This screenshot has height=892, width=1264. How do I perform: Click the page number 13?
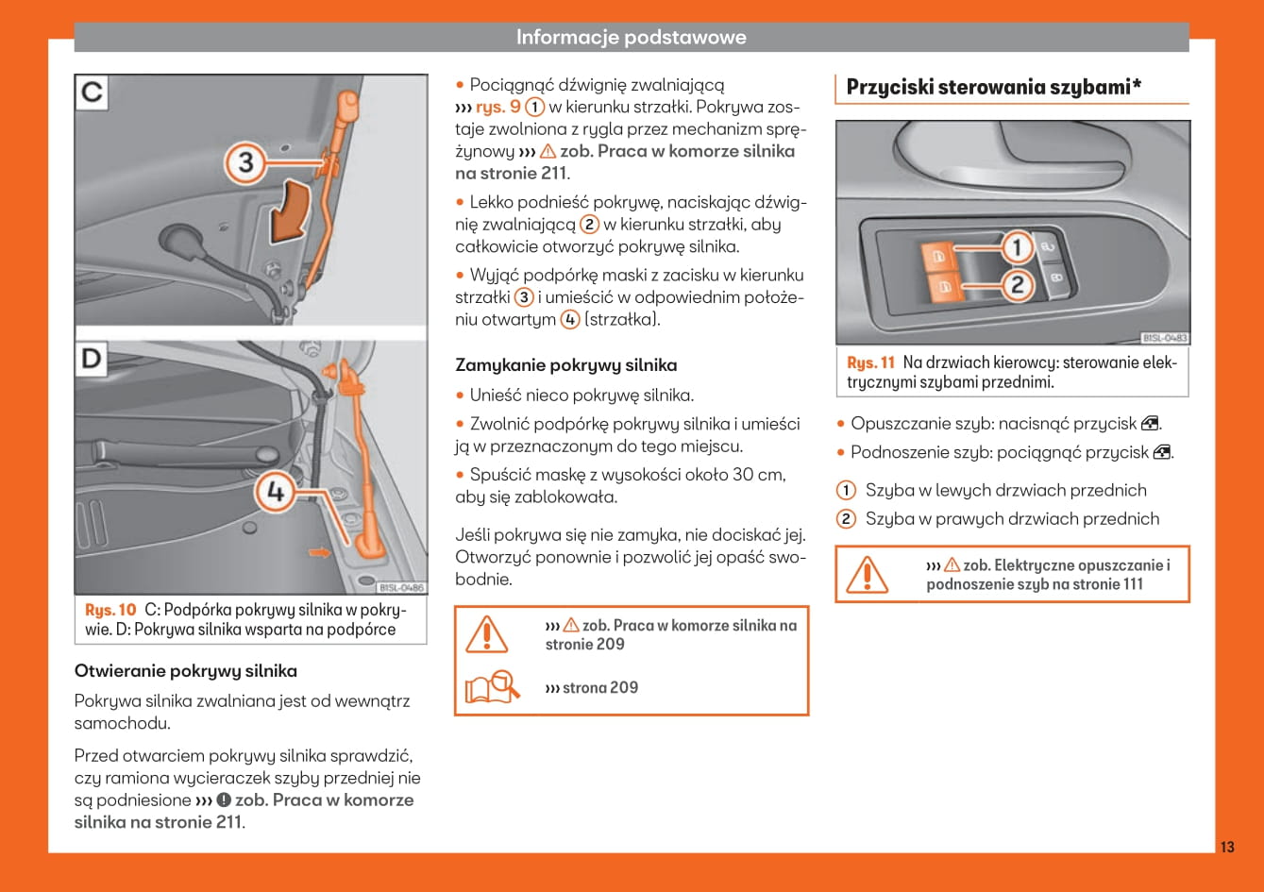[1227, 847]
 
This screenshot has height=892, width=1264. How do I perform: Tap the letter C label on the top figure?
[92, 93]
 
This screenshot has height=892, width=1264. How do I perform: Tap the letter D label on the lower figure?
[92, 361]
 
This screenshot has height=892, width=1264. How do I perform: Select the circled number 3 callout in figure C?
[245, 163]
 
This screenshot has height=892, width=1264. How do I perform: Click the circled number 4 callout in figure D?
[275, 492]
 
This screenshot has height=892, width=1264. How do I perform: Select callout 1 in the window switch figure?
[1017, 248]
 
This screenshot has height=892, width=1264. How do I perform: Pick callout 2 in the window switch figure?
[1017, 284]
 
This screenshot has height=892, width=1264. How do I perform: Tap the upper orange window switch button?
[937, 256]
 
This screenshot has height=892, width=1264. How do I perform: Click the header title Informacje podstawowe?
[631, 38]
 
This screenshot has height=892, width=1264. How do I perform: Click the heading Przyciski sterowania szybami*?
[994, 88]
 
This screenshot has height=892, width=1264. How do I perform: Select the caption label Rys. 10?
[110, 610]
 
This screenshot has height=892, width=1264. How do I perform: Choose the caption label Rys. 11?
[870, 363]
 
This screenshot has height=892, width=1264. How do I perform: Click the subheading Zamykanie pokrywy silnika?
[565, 365]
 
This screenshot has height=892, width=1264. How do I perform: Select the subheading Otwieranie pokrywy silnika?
[185, 671]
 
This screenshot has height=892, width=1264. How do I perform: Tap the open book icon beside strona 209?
[490, 686]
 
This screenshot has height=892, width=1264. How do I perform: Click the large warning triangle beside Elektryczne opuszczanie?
[866, 574]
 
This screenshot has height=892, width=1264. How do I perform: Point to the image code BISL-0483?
[1165, 338]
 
